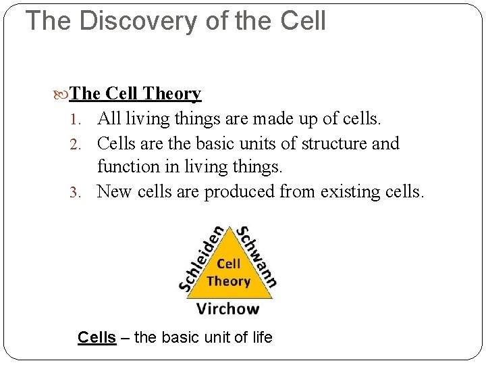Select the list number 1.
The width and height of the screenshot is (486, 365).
76,120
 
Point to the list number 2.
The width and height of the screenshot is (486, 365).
76,144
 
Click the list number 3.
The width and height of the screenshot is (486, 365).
76,192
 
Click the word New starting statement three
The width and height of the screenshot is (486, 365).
115,192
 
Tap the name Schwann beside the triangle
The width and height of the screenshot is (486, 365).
256,254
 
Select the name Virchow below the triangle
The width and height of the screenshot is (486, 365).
227,310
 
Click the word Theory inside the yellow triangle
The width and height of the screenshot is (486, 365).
228,281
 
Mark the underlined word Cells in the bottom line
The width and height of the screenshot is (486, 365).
97,337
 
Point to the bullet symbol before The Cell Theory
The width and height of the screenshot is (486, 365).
63,94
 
